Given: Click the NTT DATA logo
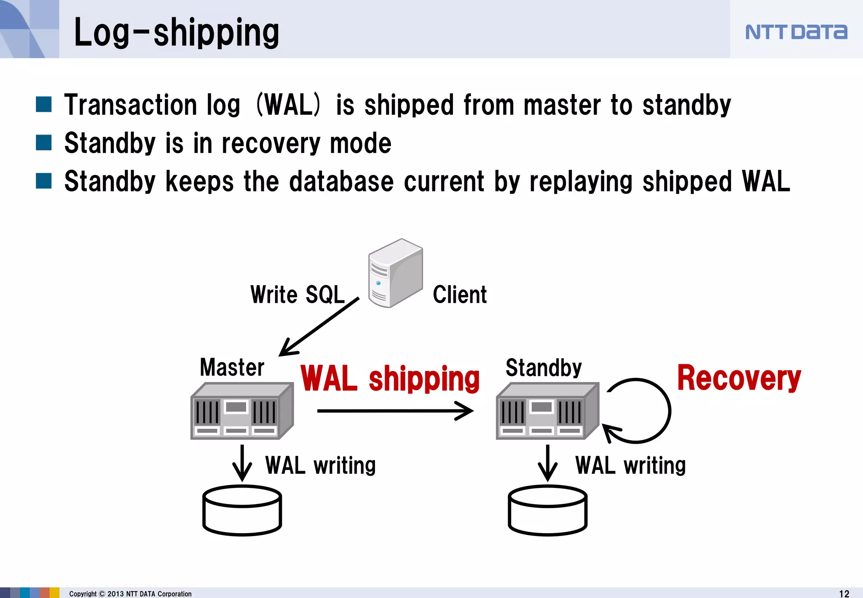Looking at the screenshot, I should click(x=796, y=32).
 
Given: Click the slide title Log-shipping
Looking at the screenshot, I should click(x=176, y=33).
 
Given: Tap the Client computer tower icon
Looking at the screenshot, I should click(x=395, y=274).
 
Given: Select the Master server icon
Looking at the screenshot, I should click(x=242, y=411).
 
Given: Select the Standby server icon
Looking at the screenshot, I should click(x=547, y=411).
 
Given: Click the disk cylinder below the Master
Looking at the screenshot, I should click(x=242, y=510).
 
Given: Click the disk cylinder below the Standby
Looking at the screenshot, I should click(x=547, y=510).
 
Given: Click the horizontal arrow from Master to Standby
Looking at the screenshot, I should click(x=395, y=411).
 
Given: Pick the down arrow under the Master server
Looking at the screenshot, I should click(x=242, y=463).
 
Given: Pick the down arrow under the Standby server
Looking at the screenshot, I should click(x=547, y=463).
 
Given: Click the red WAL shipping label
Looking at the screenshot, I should click(x=390, y=378).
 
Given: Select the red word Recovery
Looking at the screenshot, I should click(x=739, y=378).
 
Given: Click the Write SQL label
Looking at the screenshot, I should click(x=297, y=294).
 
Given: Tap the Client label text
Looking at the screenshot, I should click(x=460, y=294).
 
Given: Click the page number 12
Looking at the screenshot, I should click(x=844, y=593).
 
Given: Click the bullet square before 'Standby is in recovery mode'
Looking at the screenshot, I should click(x=44, y=143).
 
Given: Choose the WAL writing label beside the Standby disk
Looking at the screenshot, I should click(x=630, y=465).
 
